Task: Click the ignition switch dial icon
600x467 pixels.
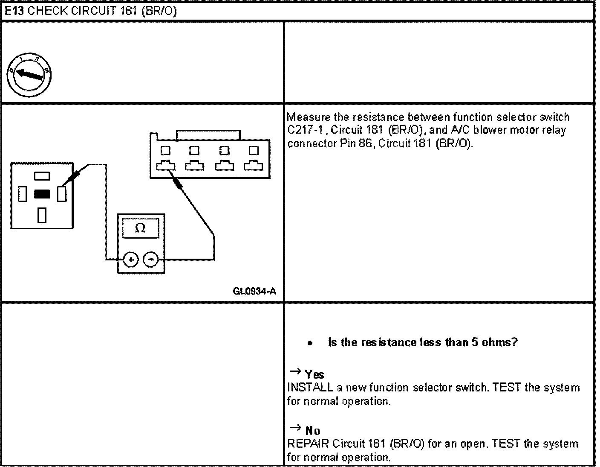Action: coord(29,76)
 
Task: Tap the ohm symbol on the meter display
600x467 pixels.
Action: coord(140,228)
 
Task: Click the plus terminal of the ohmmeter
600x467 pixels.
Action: coord(131,259)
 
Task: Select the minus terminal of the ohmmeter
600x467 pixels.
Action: coord(150,259)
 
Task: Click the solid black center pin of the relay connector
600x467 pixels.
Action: coord(42,194)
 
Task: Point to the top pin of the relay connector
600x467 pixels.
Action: coord(42,175)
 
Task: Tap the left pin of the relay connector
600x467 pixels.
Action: coord(22,194)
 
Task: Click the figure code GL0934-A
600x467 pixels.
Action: coord(254,292)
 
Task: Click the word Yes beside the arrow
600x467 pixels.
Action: coord(314,375)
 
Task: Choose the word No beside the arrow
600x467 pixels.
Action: coord(313,431)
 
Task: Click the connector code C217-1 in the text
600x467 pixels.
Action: coord(304,130)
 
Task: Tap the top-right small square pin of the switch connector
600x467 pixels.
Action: coord(254,150)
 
